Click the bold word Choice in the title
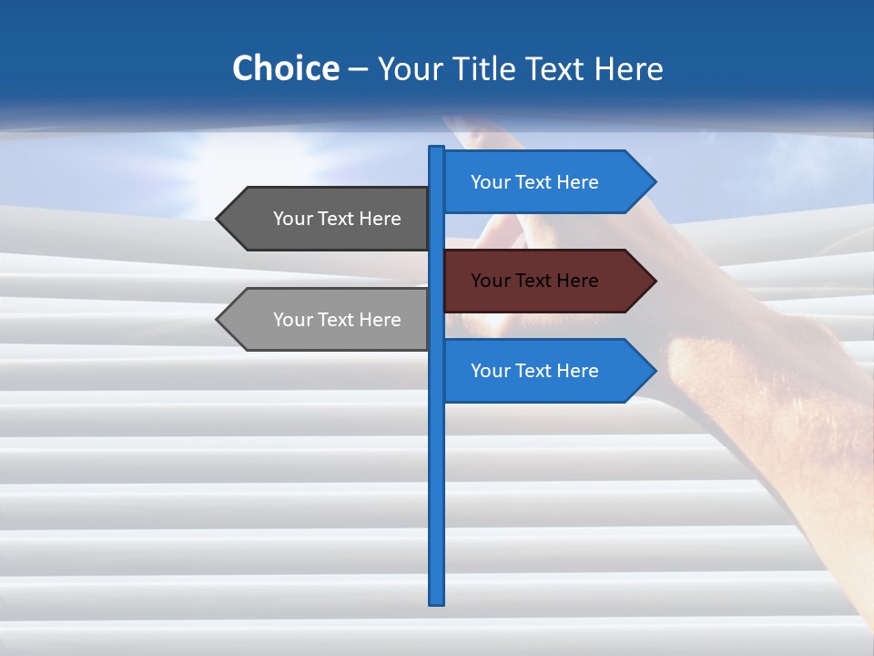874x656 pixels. coord(285,68)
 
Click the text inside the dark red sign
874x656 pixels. coord(534,281)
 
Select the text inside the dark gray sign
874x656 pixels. coord(337,219)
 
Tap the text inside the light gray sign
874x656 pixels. coord(337,320)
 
